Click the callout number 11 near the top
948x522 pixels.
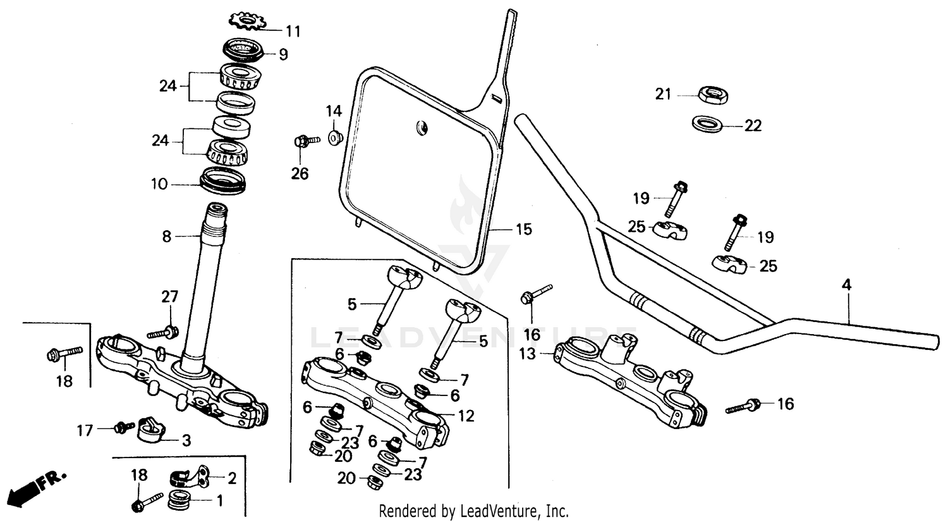tap(293, 30)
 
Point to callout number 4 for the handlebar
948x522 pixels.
tap(846, 285)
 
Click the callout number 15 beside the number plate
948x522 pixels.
tap(524, 229)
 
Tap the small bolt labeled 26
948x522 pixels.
tap(305, 140)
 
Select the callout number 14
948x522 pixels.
tap(334, 111)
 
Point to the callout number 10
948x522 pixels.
tap(159, 184)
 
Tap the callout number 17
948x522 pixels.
tap(85, 430)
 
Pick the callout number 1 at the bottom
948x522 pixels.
tap(219, 501)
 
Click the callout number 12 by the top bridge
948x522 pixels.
tap(466, 416)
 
